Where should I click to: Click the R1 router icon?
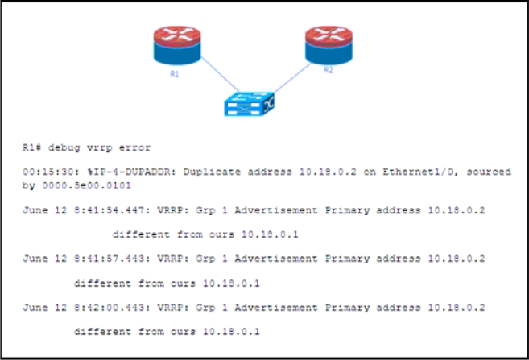point(177,46)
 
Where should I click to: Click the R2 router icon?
point(329,45)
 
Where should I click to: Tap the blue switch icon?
point(250,104)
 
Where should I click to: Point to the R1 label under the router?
point(175,74)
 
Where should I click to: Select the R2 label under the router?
point(329,70)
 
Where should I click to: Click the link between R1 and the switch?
point(221,75)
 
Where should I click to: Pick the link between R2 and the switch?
point(293,78)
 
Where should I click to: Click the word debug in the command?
point(64,147)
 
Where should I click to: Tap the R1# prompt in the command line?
point(32,147)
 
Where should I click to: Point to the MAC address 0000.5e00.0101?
point(86,185)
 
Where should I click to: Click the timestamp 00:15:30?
point(48,172)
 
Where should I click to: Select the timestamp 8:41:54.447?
point(110,210)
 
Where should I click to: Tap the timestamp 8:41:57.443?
point(110,259)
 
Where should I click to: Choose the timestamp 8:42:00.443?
point(110,308)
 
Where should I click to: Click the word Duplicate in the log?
point(212,172)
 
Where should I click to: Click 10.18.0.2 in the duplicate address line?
point(328,172)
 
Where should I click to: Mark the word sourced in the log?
point(489,172)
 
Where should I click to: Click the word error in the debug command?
point(135,147)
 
